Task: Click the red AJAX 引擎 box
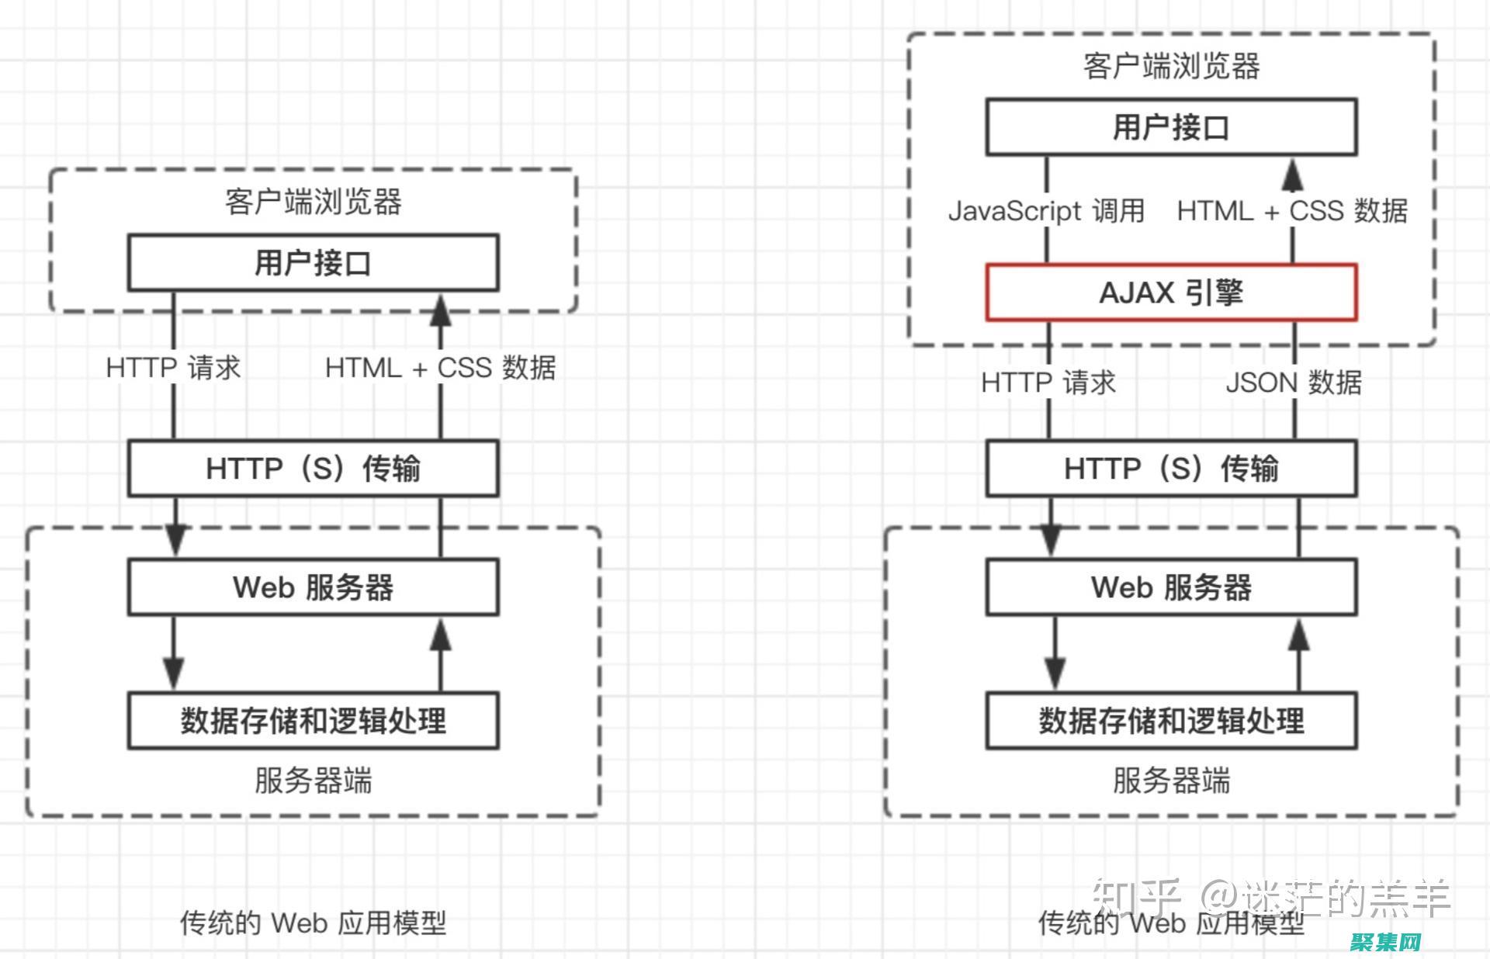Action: click(x=1171, y=293)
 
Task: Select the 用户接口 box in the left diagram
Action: click(x=313, y=263)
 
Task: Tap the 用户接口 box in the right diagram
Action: click(x=1171, y=127)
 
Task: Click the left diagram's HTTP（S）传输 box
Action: click(x=313, y=469)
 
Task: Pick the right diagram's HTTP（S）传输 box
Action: click(x=1171, y=469)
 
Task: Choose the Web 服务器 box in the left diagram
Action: click(x=313, y=587)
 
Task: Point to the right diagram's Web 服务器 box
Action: click(x=1171, y=587)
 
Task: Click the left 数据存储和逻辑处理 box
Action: click(x=313, y=721)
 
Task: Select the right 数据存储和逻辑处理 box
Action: click(x=1171, y=721)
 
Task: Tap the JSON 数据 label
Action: click(x=1294, y=383)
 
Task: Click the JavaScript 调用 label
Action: click(x=1046, y=211)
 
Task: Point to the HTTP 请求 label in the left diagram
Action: click(x=173, y=368)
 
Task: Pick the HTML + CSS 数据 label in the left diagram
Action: click(x=440, y=368)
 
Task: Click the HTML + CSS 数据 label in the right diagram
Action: click(x=1292, y=211)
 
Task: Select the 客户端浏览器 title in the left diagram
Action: click(x=313, y=202)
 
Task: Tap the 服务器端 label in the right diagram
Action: click(x=1171, y=781)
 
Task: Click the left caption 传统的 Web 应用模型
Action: click(x=313, y=923)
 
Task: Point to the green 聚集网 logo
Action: click(x=1385, y=942)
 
